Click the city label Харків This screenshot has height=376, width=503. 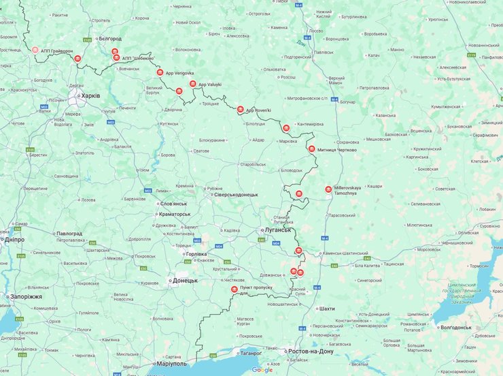[90, 95]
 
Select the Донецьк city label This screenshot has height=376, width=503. [185, 280]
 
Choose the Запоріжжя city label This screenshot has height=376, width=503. [25, 297]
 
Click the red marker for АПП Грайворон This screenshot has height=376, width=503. [35, 50]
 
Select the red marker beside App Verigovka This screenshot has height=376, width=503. [160, 72]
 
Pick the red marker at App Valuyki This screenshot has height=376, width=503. [193, 84]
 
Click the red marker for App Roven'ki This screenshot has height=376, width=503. [240, 109]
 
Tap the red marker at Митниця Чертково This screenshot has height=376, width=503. [311, 148]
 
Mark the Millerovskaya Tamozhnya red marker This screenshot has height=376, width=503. [329, 189]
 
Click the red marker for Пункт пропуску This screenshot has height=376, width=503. [235, 289]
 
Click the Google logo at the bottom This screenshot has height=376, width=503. [262, 369]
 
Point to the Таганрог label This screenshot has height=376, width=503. [249, 353]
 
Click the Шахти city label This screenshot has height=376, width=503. [326, 309]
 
